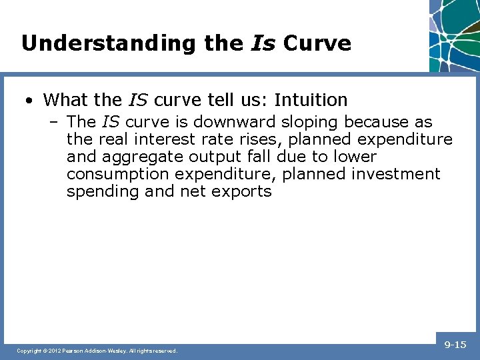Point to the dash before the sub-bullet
[55, 123]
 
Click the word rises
[259, 140]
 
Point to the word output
[217, 157]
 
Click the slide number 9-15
[455, 345]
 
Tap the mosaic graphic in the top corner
[455, 33]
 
